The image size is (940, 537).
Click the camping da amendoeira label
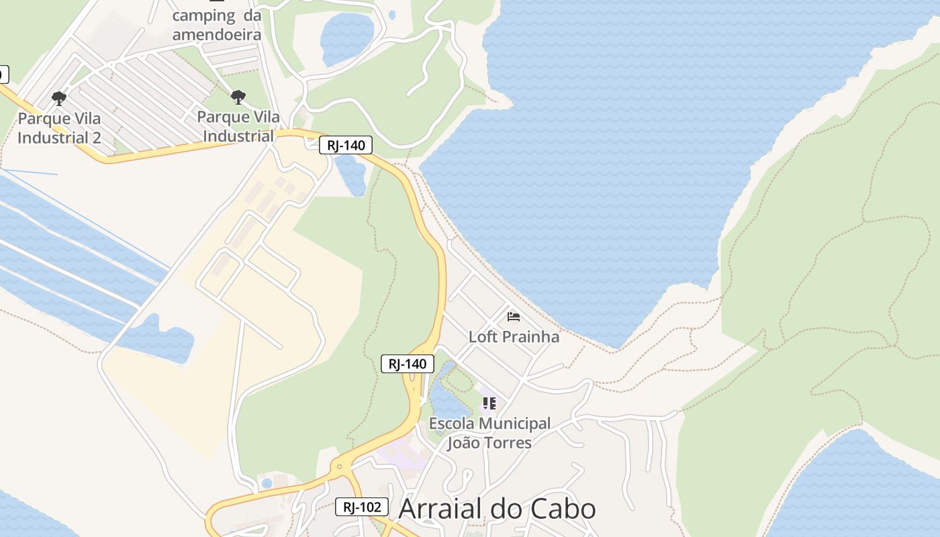(216, 24)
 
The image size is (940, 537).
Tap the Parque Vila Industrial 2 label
(59, 128)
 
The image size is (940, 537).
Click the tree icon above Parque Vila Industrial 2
(59, 99)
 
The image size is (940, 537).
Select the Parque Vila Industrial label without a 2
(238, 126)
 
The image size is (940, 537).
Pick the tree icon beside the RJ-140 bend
(238, 97)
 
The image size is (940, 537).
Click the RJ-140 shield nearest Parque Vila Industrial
(345, 144)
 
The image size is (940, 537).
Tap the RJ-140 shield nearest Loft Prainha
(408, 364)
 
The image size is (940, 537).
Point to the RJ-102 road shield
(361, 507)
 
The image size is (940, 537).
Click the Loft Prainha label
(514, 336)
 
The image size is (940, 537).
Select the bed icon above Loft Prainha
(514, 316)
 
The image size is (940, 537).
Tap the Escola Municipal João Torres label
(489, 433)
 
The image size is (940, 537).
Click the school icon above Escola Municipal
(489, 403)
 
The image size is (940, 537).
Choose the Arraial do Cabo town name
(497, 509)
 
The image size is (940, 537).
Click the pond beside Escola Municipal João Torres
(446, 403)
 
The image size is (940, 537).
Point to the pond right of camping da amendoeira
(346, 39)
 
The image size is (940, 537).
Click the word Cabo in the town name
(564, 509)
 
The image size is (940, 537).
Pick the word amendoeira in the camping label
(216, 34)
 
